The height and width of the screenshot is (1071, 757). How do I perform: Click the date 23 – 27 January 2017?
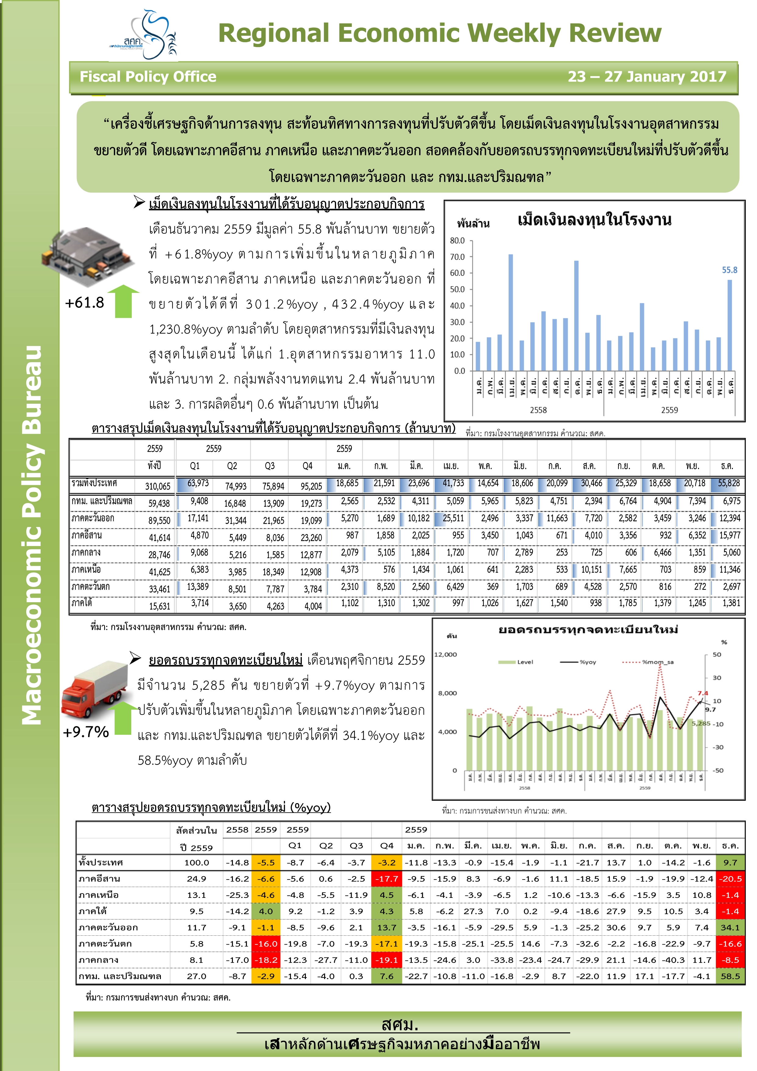coord(647,76)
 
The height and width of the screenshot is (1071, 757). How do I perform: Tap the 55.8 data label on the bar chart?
coord(730,270)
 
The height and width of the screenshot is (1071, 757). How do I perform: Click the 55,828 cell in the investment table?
coord(729,483)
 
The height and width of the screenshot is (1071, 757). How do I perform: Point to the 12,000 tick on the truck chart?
coord(446,654)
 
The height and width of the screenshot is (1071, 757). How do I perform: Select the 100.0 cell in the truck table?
coord(197,862)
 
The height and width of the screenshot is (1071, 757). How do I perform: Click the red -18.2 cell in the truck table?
coord(266,960)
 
